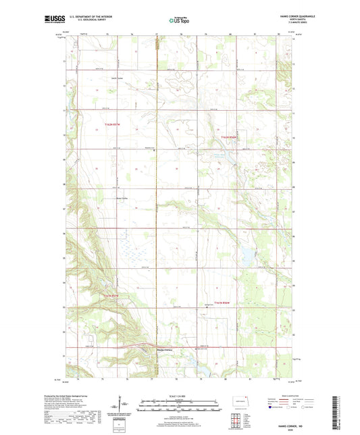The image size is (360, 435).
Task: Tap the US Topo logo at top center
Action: coord(179,20)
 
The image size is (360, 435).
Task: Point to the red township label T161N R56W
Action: coord(226,302)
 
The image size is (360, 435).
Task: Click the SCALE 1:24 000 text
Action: coord(180,395)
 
